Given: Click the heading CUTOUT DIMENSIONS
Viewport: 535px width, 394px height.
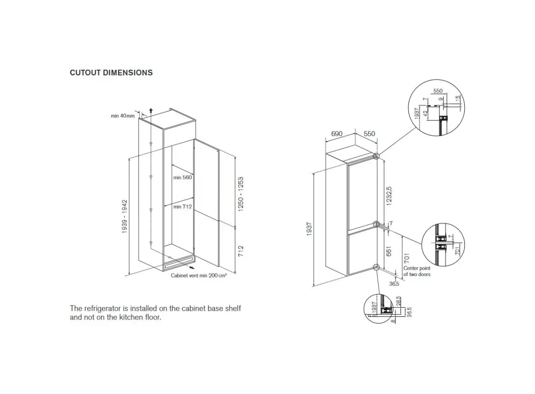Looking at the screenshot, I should click(111, 72).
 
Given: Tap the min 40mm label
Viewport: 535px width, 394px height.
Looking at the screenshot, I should click(122, 116).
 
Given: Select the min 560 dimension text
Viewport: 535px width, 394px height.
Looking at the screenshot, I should click(182, 177).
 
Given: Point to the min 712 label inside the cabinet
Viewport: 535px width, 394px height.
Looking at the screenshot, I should click(182, 207).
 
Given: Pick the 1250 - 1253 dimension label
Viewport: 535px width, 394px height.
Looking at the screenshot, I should click(241, 195).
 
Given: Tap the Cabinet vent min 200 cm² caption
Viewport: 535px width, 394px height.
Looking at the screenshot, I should click(199, 276).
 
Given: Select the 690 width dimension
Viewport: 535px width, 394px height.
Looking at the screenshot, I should click(336, 134).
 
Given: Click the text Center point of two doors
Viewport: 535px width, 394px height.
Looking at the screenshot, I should click(416, 271).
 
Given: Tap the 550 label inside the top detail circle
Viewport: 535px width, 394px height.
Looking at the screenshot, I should click(438, 91).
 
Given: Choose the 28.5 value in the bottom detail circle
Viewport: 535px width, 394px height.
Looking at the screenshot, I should click(398, 301).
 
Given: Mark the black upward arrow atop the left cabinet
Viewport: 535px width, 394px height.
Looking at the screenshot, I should click(151, 110).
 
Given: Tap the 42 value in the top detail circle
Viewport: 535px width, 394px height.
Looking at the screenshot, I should click(426, 114).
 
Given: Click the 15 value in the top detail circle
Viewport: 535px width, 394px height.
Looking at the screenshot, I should click(458, 98).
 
